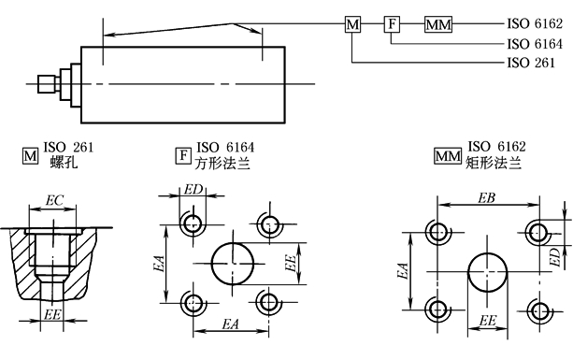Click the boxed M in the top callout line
pos(352,24)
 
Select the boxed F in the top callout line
pos(392,24)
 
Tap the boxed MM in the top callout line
pos(438,24)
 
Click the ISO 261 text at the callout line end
pos(531,63)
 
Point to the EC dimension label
pos(54,200)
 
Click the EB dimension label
pos(486,197)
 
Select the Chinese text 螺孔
pos(64,162)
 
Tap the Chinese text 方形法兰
pos(222,163)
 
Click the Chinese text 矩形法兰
pos(494,163)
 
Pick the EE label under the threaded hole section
pos(52,314)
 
